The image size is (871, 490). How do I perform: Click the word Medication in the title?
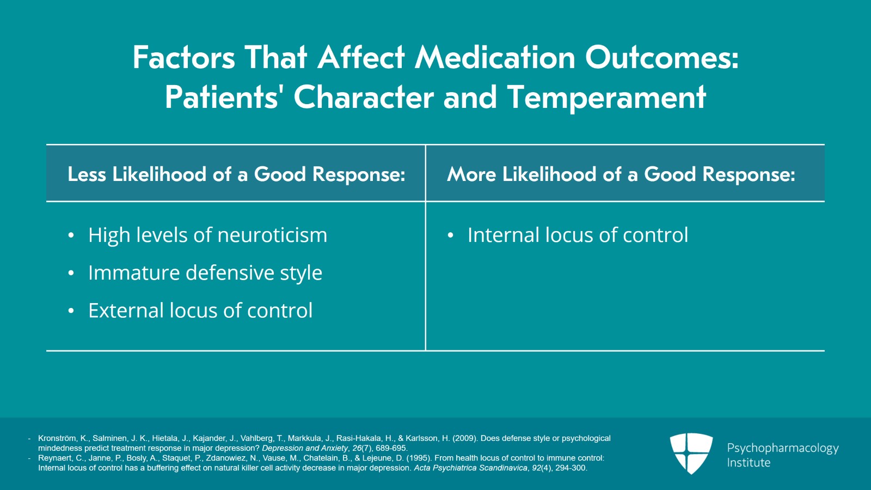495,57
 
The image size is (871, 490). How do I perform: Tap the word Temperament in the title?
606,98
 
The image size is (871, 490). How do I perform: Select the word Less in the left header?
87,174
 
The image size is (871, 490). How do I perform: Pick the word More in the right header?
471,174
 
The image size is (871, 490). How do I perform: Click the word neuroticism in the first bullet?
272,235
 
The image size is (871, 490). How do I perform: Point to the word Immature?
134,273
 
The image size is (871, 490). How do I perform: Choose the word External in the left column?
126,310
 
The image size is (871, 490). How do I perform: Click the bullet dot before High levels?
71,235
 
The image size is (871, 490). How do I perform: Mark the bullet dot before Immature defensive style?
71,273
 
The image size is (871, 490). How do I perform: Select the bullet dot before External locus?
71,311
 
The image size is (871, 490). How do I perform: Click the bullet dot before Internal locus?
450,235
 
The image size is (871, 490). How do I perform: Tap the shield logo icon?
691,453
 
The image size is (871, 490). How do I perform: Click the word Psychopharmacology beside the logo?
782,448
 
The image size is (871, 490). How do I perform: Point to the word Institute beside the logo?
749,463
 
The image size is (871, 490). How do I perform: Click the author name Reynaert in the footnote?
55,458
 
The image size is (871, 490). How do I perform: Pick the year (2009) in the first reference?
464,438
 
